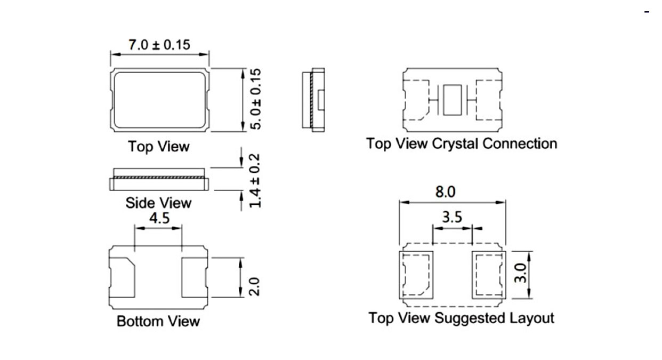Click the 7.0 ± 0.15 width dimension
(x=159, y=44)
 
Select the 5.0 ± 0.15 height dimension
(x=256, y=99)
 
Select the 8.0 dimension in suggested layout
(x=446, y=192)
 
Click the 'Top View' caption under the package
(x=159, y=146)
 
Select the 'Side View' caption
(x=158, y=203)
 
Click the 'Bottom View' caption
(x=158, y=322)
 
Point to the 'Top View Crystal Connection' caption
(x=462, y=143)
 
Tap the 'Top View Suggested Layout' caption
(x=462, y=318)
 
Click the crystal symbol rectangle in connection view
(x=453, y=100)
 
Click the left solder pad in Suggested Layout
(x=417, y=275)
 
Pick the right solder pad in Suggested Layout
(x=488, y=275)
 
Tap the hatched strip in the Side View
(x=158, y=176)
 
